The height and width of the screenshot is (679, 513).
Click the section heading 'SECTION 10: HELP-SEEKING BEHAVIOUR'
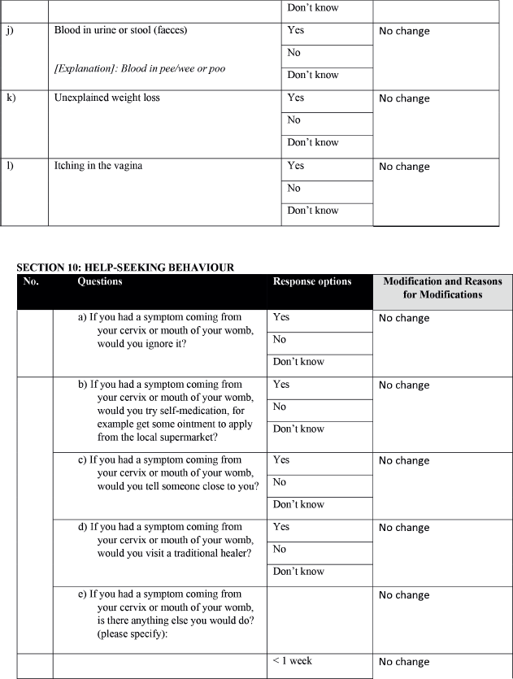pyautogui.click(x=125, y=268)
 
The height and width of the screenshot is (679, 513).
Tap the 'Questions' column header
pyautogui.click(x=100, y=281)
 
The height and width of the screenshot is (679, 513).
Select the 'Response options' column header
pyautogui.click(x=312, y=281)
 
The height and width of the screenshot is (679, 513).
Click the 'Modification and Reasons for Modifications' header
pyautogui.click(x=442, y=288)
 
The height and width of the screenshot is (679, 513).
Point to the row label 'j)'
pyautogui.click(x=10, y=31)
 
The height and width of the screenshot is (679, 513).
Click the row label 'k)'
pyautogui.click(x=10, y=98)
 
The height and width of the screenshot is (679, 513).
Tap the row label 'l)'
pyautogui.click(x=9, y=166)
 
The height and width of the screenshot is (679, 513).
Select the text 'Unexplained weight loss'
pyautogui.click(x=107, y=98)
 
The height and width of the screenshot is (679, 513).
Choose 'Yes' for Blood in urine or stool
pyautogui.click(x=295, y=31)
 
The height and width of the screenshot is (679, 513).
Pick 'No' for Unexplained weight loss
pyautogui.click(x=293, y=120)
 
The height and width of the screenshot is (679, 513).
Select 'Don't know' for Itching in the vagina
pyautogui.click(x=312, y=211)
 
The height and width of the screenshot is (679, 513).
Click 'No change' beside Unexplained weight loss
pyautogui.click(x=404, y=98)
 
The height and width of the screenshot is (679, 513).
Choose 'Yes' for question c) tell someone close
pyautogui.click(x=281, y=460)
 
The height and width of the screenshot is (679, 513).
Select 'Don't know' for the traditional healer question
pyautogui.click(x=298, y=572)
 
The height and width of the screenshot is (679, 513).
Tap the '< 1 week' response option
pyautogui.click(x=293, y=661)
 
